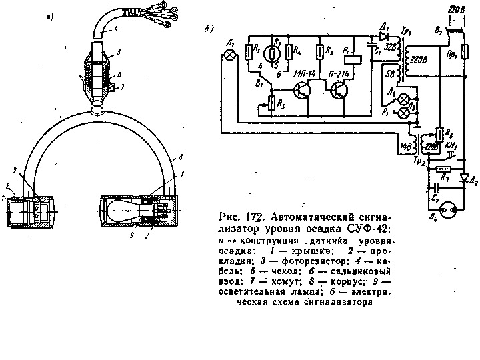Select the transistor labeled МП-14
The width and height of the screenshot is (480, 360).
pos(303,90)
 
